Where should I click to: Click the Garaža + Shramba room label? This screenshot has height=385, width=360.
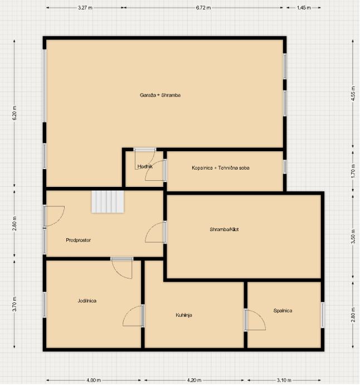pos(160,95)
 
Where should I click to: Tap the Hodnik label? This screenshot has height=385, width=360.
pos(145,166)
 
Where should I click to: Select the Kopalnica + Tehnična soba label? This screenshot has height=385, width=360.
pos(221,168)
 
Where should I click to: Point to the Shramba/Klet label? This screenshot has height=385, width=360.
pos(224,229)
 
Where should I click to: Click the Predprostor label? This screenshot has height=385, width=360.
pos(78,240)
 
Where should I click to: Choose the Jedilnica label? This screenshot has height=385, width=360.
pos(87,301)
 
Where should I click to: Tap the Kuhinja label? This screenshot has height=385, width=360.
pos(184,315)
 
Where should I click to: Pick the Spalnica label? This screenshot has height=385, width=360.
pos(283,311)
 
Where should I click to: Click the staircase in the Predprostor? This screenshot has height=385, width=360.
pos(108,202)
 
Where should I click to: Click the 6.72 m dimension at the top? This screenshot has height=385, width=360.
pos(203,8)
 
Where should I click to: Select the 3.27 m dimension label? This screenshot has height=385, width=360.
pos(85,8)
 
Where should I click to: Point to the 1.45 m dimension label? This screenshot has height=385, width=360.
pos(304,8)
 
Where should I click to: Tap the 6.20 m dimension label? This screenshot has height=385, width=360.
pos(14,113)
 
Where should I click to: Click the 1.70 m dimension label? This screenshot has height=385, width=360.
pos(353,170)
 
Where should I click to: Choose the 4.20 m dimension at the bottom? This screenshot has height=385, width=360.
pos(194,380)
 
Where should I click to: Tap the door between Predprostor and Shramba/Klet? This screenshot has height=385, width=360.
pos(155,232)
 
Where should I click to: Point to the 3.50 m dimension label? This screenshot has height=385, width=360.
pos(353,237)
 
